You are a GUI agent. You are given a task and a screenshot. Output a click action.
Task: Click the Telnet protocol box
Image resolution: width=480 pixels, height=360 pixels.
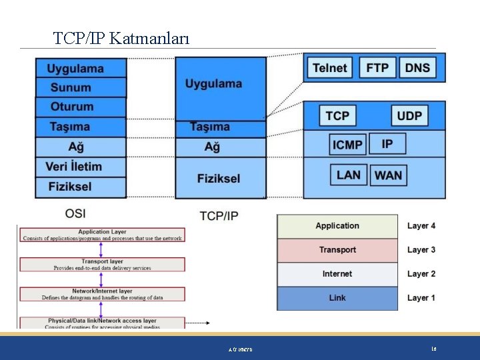click(329, 67)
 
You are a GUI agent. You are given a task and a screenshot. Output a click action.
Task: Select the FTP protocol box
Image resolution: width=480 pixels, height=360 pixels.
click(377, 67)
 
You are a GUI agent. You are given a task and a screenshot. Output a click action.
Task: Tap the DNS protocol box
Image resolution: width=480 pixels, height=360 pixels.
click(417, 67)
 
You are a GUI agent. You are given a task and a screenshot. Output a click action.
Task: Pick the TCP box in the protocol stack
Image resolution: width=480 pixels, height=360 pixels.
click(337, 115)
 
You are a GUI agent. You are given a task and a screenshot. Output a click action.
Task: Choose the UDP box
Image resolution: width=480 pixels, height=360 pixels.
click(409, 115)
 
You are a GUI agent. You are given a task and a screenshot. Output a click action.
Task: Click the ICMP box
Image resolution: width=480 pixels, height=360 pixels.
click(347, 144)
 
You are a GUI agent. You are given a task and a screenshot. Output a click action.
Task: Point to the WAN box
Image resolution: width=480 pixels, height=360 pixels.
click(388, 175)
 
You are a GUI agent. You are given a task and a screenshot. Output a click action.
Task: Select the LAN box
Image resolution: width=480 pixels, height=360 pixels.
click(348, 175)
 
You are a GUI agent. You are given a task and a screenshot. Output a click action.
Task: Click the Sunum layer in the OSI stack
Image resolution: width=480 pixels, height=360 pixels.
click(71, 87)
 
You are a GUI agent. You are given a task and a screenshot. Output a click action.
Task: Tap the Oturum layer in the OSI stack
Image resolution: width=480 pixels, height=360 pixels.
click(72, 107)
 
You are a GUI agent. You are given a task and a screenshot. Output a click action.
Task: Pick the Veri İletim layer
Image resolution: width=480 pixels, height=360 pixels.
click(74, 167)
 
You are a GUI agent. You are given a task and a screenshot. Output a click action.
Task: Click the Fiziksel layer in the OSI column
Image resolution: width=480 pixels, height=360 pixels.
click(70, 187)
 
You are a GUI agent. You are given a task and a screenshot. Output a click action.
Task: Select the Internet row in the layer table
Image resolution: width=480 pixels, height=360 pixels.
click(337, 274)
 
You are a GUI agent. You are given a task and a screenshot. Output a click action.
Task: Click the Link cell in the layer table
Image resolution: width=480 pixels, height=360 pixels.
click(337, 298)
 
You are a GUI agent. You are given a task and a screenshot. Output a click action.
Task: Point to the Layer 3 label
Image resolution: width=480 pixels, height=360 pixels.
click(421, 250)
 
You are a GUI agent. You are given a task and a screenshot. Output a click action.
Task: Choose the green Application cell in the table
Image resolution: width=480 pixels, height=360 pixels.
click(337, 226)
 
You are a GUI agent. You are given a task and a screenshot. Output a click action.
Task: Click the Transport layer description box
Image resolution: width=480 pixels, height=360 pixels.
click(102, 265)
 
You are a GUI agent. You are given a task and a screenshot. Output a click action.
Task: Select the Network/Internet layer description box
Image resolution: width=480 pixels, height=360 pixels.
click(102, 294)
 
